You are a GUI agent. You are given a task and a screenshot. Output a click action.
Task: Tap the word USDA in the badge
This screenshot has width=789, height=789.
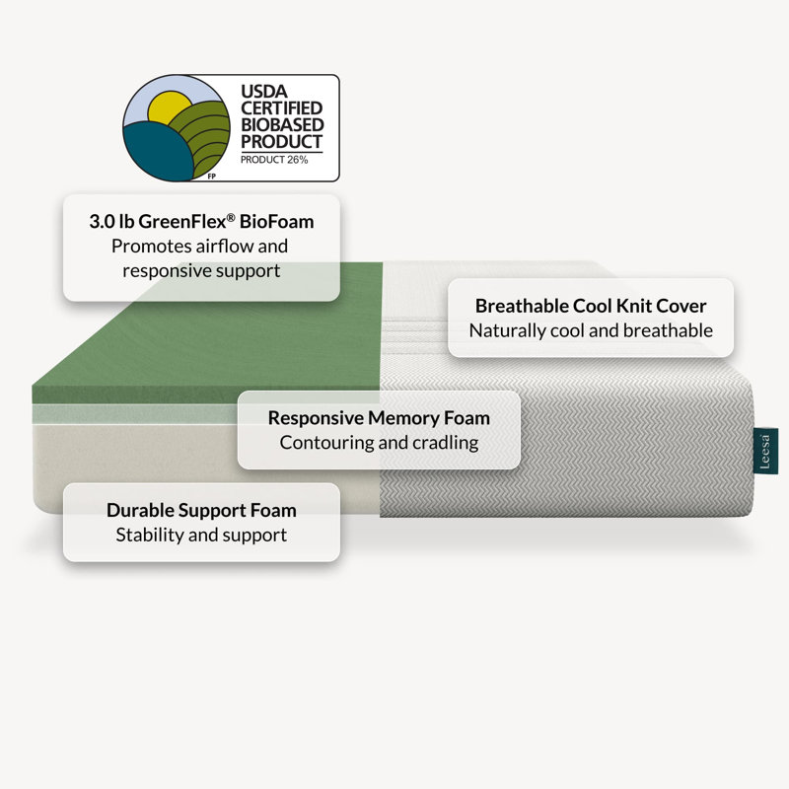(264, 91)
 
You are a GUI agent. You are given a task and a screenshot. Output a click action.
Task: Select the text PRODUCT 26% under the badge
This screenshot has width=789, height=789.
(274, 160)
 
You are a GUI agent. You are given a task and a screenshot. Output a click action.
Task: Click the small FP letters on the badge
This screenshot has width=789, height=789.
(212, 177)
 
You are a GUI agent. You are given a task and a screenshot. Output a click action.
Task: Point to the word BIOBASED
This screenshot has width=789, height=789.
(282, 125)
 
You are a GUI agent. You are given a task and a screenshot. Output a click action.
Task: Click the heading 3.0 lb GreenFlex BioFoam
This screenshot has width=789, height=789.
(201, 221)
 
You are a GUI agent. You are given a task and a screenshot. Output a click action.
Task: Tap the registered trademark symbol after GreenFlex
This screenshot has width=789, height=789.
(231, 217)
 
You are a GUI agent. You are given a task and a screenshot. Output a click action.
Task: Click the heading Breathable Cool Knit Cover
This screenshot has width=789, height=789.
(591, 306)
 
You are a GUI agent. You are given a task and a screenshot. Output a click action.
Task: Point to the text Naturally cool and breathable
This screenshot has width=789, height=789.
(591, 330)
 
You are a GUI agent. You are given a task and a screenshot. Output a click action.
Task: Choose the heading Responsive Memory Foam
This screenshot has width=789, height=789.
(379, 418)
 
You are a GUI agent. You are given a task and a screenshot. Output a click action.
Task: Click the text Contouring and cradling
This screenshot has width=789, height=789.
(379, 443)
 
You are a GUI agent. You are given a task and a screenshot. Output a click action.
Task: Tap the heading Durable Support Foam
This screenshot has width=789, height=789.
(201, 510)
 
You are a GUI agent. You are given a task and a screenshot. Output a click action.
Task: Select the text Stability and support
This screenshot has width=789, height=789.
(201, 535)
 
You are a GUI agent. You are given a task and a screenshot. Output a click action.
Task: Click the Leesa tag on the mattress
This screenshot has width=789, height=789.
(765, 452)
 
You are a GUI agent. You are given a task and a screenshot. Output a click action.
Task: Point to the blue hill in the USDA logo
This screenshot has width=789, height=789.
(157, 151)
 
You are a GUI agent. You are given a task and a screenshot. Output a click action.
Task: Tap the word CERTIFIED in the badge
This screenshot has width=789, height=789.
(281, 108)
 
